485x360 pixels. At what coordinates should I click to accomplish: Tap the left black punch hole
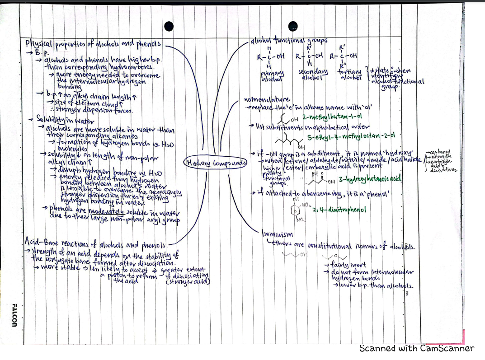point(169,26)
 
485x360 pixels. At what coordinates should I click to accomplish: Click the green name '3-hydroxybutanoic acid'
point(372,179)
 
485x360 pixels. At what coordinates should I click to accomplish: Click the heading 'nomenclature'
point(266,100)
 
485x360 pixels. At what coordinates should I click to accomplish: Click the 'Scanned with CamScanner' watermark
point(416,348)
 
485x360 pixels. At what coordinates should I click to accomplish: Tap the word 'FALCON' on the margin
point(13,314)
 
